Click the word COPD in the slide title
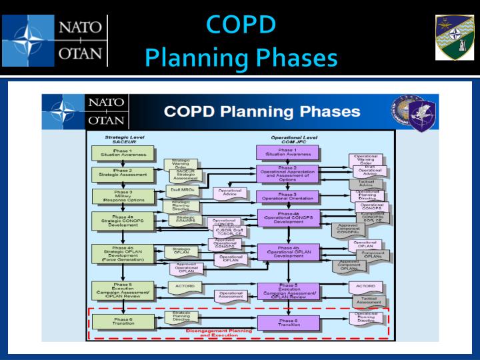point(241,24)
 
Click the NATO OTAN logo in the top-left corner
point(55,39)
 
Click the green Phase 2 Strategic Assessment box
point(113,174)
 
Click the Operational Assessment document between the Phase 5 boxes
point(231,295)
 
